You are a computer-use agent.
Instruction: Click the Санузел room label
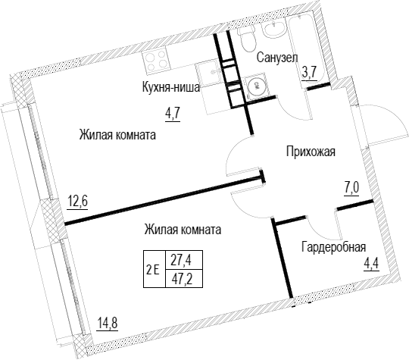(277, 58)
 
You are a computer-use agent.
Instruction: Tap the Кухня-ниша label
(171, 87)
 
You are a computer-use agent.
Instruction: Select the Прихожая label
(311, 152)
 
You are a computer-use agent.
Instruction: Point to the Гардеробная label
(333, 247)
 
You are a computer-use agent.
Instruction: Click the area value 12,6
(77, 202)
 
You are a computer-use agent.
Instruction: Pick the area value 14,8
(108, 323)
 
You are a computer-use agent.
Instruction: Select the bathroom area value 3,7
(309, 73)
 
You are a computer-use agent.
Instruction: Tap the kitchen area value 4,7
(173, 114)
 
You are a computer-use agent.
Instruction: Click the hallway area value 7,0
(351, 188)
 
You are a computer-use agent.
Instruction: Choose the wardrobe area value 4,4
(371, 265)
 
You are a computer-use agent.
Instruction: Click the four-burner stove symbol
(155, 61)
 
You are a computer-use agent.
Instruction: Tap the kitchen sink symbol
(209, 73)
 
